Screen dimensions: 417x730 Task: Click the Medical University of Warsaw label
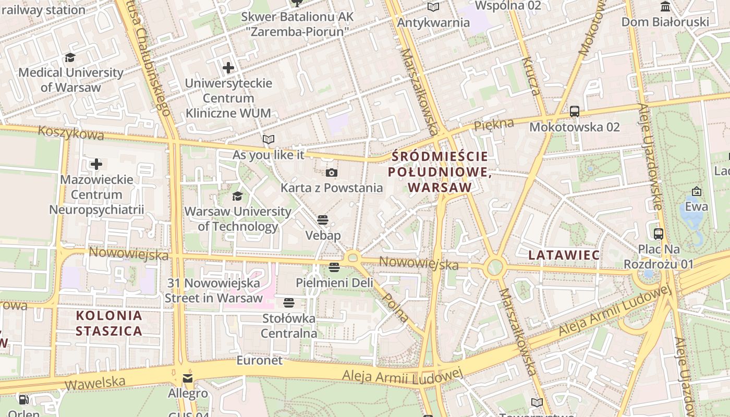point(70,80)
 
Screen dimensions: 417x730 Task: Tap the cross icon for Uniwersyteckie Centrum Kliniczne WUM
point(228,68)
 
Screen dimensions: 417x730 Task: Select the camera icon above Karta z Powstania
point(331,173)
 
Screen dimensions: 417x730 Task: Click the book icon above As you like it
point(269,140)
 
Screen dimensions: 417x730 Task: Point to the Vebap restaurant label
point(323,235)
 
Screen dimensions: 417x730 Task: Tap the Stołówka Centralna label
point(289,326)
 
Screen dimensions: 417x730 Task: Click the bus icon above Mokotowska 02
point(574,112)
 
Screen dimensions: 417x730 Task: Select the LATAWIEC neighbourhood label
point(564,255)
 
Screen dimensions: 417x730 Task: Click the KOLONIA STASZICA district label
point(109,323)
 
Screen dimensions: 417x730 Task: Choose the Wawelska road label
point(95,383)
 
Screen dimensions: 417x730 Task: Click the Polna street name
point(395,306)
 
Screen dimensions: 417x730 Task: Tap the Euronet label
point(259,360)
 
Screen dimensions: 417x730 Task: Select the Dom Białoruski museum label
point(665,22)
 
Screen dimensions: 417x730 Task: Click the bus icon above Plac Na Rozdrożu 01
point(658,234)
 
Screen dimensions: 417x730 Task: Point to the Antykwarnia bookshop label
point(433,23)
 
